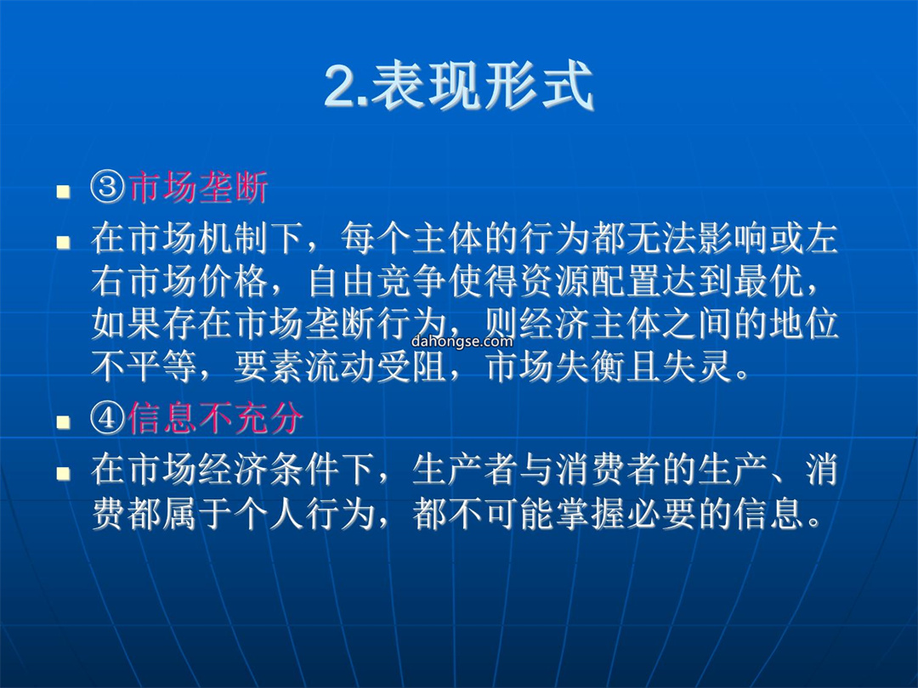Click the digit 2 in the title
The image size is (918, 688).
coord(342,87)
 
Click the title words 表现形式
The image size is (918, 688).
coord(483,87)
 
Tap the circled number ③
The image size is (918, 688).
coord(108,188)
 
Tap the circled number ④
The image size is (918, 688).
coord(108,418)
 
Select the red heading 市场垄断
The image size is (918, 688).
coord(198,188)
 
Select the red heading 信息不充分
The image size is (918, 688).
coord(215,418)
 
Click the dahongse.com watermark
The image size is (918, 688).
coord(462,341)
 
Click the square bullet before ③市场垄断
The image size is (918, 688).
coord(63,192)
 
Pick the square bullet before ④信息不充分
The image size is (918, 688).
coord(63,422)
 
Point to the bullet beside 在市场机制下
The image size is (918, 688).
coord(63,242)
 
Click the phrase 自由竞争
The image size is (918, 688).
coord(377,281)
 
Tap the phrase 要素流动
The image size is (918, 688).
coord(304,368)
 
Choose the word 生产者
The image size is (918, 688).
coord(466,470)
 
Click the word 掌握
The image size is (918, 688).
coord(592,514)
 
